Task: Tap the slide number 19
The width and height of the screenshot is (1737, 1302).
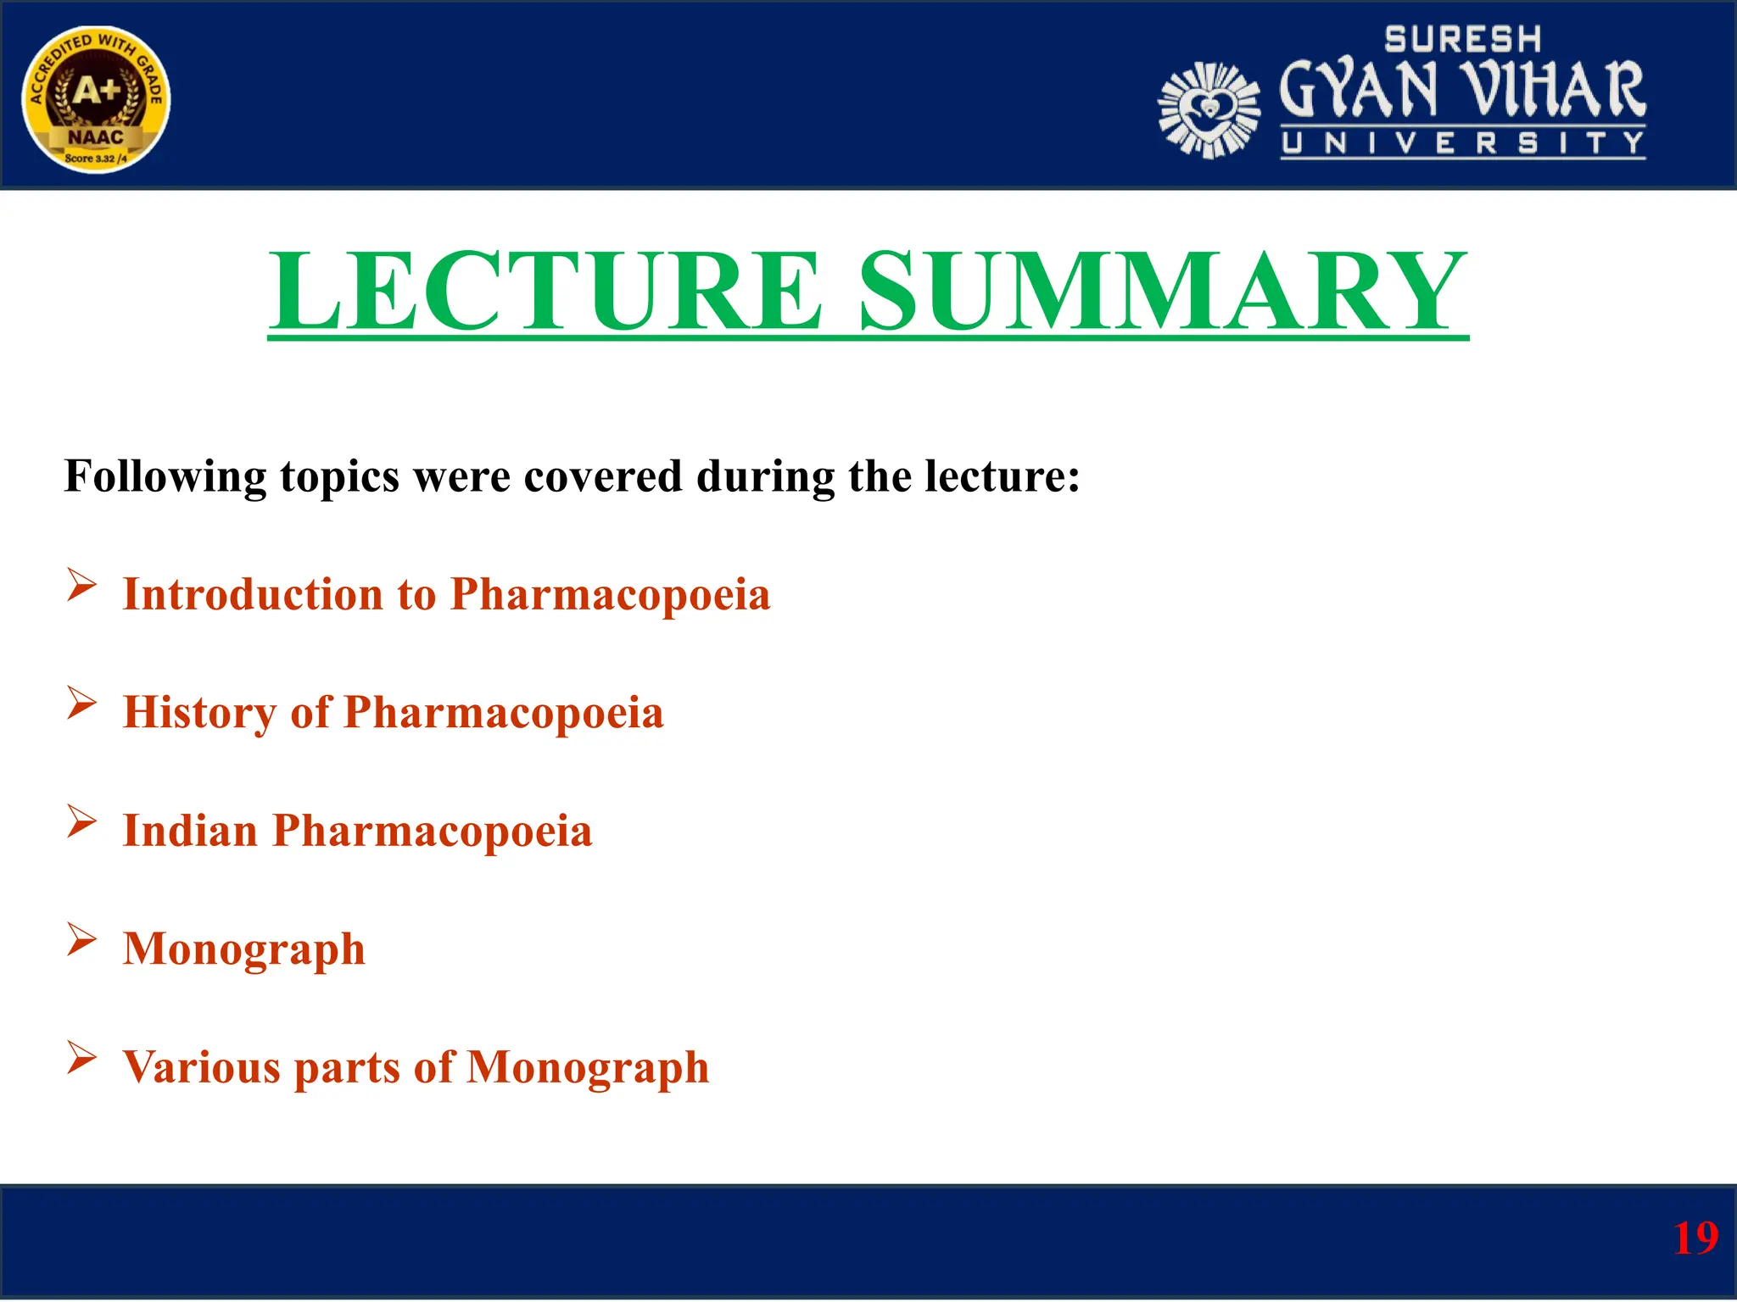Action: click(x=1695, y=1238)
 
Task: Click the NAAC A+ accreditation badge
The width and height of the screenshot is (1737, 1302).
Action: click(x=96, y=99)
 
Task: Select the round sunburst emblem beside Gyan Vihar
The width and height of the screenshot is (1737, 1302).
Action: click(x=1208, y=110)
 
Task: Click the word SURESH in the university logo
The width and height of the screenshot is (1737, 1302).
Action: click(x=1462, y=39)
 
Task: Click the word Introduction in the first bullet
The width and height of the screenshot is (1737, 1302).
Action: click(x=253, y=594)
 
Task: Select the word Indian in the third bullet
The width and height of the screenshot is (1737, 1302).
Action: click(x=190, y=831)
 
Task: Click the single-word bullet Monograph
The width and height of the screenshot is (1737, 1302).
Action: click(x=244, y=949)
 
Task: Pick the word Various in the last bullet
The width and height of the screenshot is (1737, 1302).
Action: click(x=201, y=1067)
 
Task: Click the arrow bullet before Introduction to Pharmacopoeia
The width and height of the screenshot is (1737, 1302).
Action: click(x=81, y=585)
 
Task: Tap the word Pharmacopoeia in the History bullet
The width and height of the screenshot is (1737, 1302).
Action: click(x=503, y=713)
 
